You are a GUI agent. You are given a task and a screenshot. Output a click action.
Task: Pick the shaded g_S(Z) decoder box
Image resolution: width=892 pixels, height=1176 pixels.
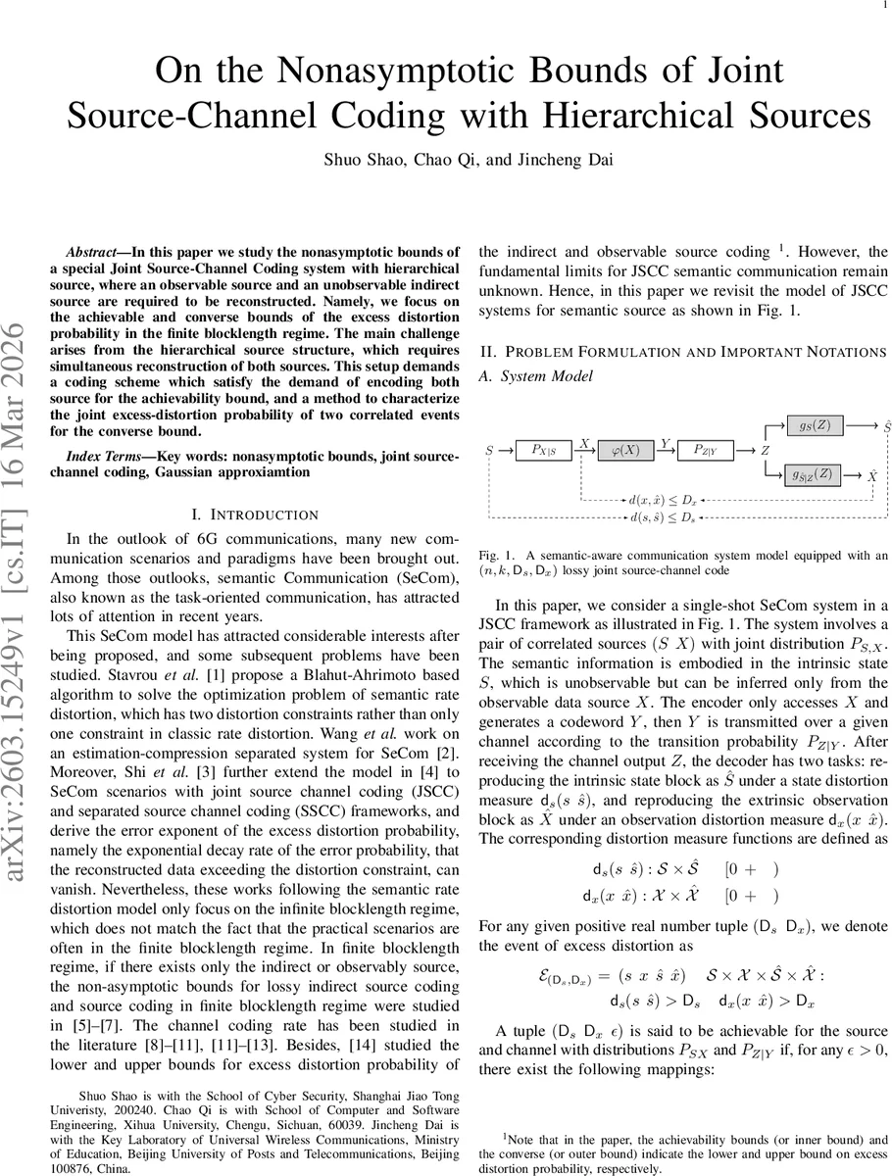(815, 425)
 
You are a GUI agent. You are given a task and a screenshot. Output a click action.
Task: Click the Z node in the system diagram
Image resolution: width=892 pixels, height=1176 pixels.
(765, 451)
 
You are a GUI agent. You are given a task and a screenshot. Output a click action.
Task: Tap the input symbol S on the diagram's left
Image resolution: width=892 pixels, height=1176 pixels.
(489, 451)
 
